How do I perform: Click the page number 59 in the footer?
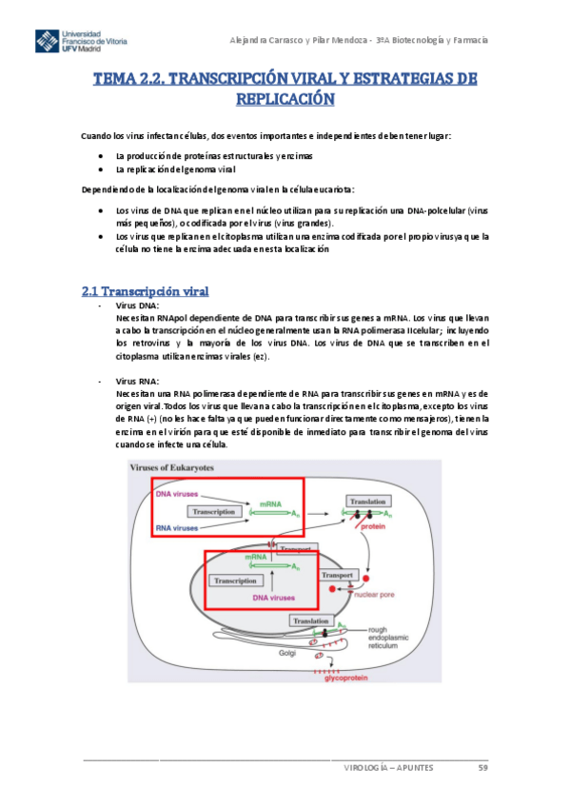[x=482, y=772]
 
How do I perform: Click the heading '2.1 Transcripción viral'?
[x=146, y=291]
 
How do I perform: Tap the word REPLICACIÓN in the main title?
[x=285, y=98]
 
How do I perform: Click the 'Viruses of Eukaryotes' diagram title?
[x=171, y=468]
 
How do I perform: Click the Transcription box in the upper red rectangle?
[x=213, y=511]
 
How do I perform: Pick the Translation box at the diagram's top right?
[x=368, y=501]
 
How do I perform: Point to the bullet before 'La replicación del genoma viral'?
[x=102, y=168]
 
